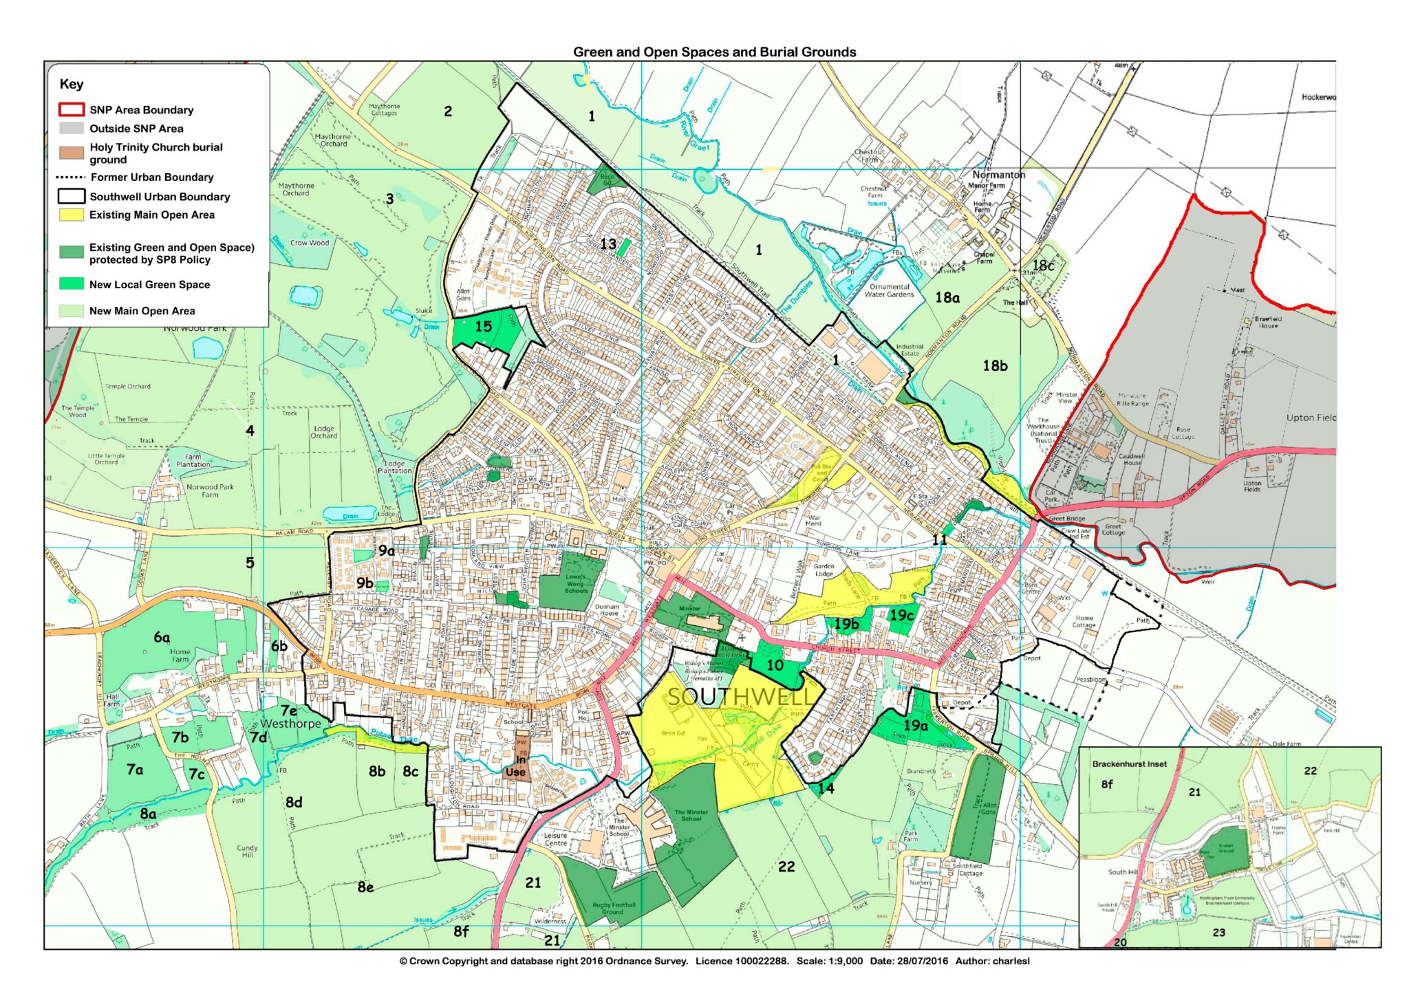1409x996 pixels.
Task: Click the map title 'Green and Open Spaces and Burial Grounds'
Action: (x=714, y=52)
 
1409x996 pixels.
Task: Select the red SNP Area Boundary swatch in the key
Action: (x=71, y=110)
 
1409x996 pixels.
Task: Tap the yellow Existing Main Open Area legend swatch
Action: (x=71, y=215)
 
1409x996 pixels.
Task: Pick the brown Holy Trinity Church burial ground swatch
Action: (x=71, y=153)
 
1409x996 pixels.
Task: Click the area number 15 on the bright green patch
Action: (x=484, y=326)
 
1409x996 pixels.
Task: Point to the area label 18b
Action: (x=995, y=366)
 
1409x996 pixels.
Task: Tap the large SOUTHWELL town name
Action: (x=739, y=697)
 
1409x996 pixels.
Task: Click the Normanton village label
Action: (x=998, y=175)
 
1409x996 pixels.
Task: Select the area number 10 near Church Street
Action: (x=775, y=665)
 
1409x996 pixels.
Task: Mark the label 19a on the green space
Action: (x=916, y=726)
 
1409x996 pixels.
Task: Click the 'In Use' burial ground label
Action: (x=516, y=766)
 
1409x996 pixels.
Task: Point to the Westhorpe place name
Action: (x=290, y=724)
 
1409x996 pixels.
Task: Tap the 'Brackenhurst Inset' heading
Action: (x=1129, y=764)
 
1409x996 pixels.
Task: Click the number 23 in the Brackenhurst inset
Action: (x=1218, y=933)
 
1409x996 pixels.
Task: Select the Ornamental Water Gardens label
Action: (x=889, y=290)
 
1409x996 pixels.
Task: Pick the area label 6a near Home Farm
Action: (x=162, y=638)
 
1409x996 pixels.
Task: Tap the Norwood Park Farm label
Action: (x=210, y=490)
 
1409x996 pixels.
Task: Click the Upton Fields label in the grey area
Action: (x=1251, y=486)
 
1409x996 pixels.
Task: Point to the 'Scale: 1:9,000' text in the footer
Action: (x=829, y=961)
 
